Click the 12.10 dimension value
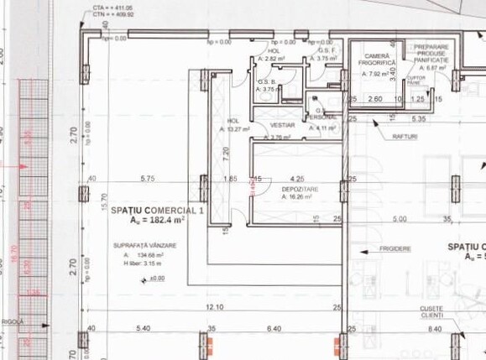point(213,307)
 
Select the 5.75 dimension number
point(149,179)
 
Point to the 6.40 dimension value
point(273,329)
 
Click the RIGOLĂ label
point(13,321)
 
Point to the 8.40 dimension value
point(433,329)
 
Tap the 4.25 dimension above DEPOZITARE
point(297,179)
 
